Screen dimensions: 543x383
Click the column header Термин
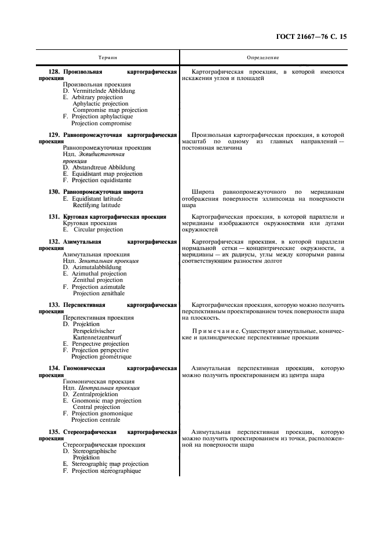click(107, 57)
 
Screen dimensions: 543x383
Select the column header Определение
click(263, 57)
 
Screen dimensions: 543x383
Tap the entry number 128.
click(54, 72)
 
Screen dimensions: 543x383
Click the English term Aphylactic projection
click(101, 104)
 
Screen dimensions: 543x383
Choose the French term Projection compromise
click(101, 123)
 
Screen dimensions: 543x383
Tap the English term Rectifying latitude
click(97, 205)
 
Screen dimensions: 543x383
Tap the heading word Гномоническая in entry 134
click(84, 368)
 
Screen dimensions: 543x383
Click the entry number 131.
click(54, 216)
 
